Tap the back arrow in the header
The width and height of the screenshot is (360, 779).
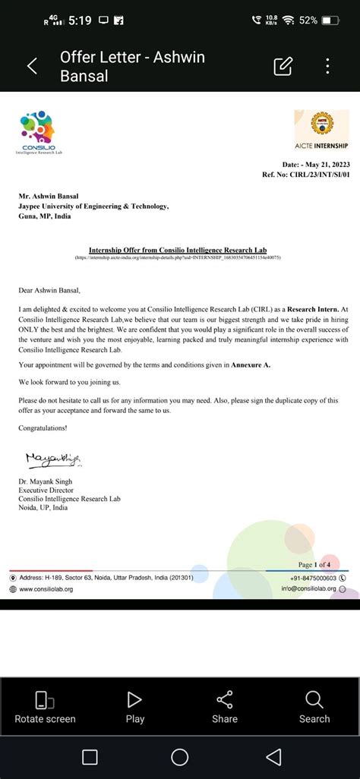tap(32, 66)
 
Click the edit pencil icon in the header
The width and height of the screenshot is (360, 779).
tap(283, 66)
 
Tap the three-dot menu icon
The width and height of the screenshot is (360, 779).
tap(327, 66)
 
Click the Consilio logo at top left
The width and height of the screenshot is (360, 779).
tap(39, 133)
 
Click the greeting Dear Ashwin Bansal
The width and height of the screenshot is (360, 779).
tap(49, 289)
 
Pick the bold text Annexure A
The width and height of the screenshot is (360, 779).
tap(251, 365)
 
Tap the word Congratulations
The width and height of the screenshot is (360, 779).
tap(43, 428)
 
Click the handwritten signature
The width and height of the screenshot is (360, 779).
tap(53, 458)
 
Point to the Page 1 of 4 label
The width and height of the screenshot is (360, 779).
tap(314, 565)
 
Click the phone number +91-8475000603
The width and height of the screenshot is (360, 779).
tap(313, 578)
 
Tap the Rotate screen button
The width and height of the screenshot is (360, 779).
tap(45, 707)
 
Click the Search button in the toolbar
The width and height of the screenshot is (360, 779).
tap(314, 707)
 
